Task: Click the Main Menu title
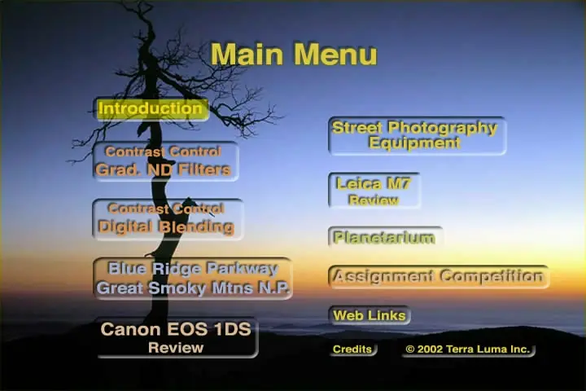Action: pyautogui.click(x=294, y=55)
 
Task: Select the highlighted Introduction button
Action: pyautogui.click(x=151, y=109)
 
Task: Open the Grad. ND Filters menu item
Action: pyautogui.click(x=165, y=161)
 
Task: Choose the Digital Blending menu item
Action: pyautogui.click(x=168, y=219)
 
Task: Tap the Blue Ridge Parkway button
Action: pyautogui.click(x=192, y=278)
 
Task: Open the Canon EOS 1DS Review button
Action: pyautogui.click(x=177, y=338)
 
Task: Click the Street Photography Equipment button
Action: pyautogui.click(x=417, y=135)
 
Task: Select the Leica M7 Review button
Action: pyautogui.click(x=374, y=190)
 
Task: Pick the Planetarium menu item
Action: pyautogui.click(x=385, y=237)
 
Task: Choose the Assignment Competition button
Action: pyautogui.click(x=439, y=277)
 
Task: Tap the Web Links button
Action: pyautogui.click(x=370, y=315)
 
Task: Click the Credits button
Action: pyautogui.click(x=353, y=349)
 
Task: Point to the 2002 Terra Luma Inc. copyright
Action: pyautogui.click(x=468, y=349)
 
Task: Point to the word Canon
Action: pyautogui.click(x=130, y=329)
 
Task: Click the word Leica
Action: pyautogui.click(x=359, y=184)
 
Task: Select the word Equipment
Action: pyautogui.click(x=414, y=143)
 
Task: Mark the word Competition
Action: pyautogui.click(x=492, y=276)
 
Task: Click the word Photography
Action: pyautogui.click(x=443, y=128)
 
